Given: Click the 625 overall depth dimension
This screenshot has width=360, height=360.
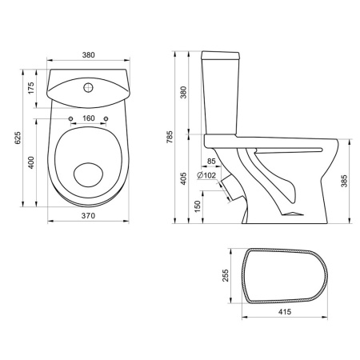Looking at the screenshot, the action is pos(18,138).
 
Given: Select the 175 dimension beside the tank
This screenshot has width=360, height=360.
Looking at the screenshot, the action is pos(31,88).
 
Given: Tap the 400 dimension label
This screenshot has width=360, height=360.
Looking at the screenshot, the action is pos(31,162).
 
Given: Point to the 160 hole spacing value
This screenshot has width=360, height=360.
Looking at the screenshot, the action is pos(89,118).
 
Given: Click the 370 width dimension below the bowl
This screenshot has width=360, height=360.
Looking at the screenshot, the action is pos(88,215).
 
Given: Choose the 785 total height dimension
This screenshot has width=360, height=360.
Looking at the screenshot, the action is pos(170,137).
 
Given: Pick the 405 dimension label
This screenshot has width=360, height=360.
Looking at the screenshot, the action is pos(183,178).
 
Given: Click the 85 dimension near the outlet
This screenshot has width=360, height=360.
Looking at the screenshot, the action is pos(211,162).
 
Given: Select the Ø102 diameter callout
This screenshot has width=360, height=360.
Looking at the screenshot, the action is pos(206,175).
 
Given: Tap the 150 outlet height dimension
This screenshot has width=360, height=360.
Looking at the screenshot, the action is pos(198,206).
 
